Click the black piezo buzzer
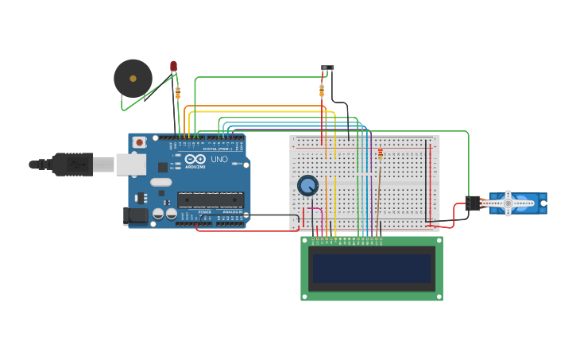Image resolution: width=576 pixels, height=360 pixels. click(133, 78)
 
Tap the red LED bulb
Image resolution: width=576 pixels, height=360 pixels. click(173, 66)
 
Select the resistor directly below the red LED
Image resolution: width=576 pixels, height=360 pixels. click(177, 92)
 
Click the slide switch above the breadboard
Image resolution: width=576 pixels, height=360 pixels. click(327, 69)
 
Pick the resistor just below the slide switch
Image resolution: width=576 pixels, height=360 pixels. click(322, 91)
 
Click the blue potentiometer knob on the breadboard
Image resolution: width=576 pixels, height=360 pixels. click(307, 185)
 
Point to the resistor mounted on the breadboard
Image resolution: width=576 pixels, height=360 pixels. click(380, 153)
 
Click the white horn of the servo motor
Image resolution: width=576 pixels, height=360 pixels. click(508, 203)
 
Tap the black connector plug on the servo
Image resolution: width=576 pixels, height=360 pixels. click(473, 203)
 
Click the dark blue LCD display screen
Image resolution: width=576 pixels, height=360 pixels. click(372, 269)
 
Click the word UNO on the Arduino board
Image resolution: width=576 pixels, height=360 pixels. click(218, 159)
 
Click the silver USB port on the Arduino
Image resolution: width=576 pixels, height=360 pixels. click(131, 164)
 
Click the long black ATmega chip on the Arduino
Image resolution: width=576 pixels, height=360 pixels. click(210, 199)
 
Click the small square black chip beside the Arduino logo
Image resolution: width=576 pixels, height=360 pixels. click(163, 167)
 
